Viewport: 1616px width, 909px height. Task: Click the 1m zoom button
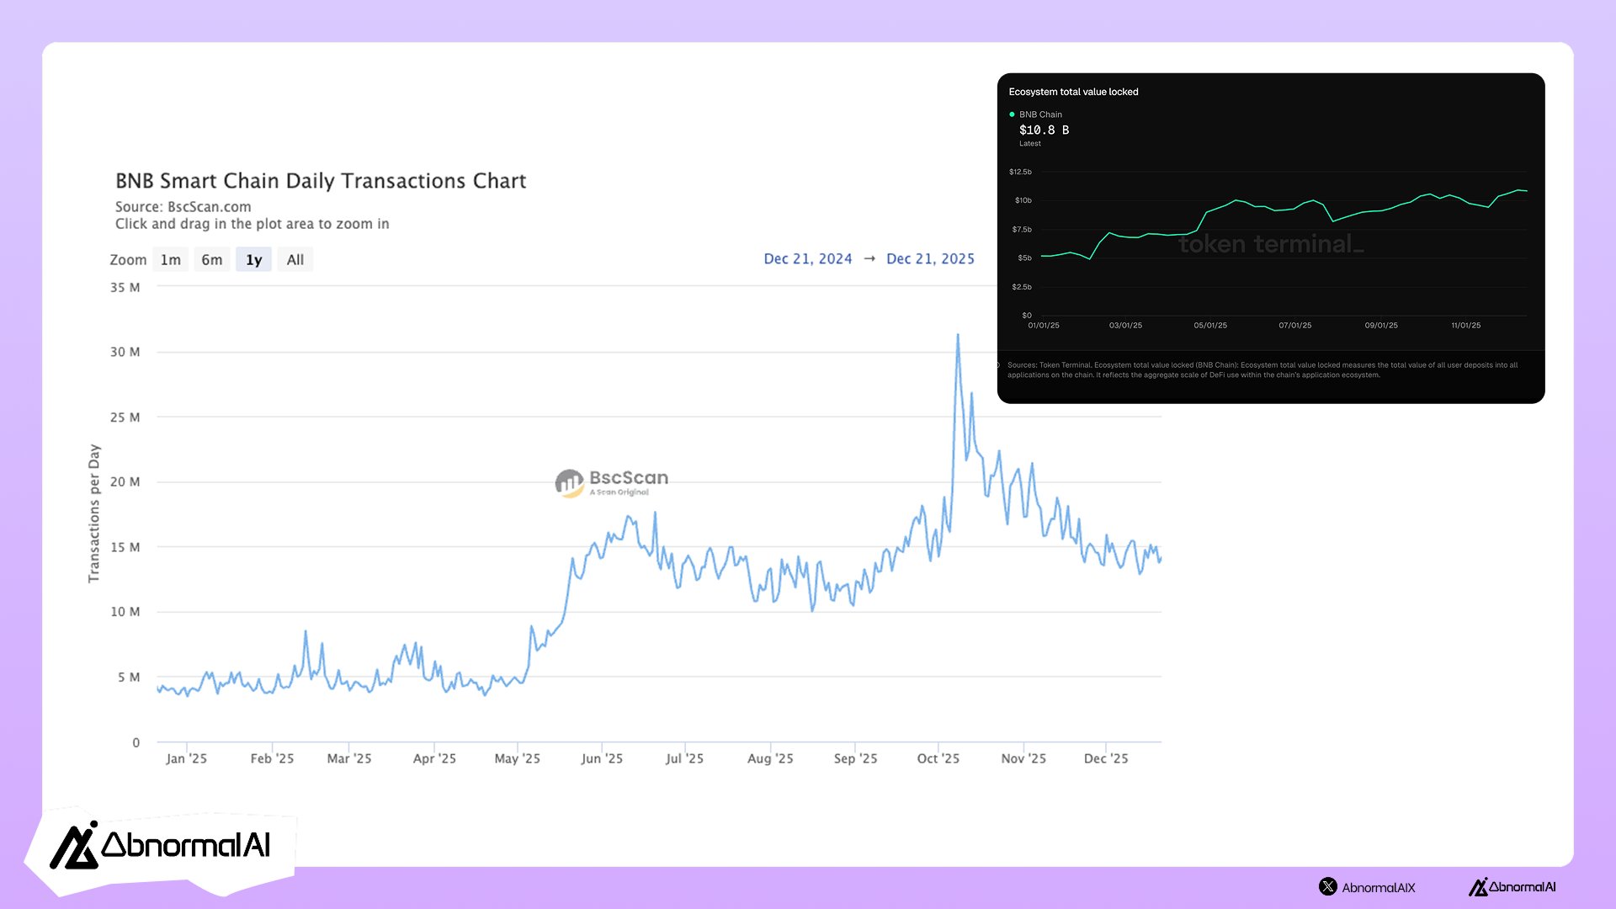click(171, 260)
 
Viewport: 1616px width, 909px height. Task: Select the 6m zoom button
click(212, 260)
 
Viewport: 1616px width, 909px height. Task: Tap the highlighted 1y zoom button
click(253, 260)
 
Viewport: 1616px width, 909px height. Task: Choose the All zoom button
click(295, 260)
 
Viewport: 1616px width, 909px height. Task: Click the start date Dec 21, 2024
click(808, 259)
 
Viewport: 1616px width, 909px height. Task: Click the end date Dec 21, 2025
click(930, 259)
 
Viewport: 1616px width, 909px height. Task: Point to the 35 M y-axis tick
click(125, 288)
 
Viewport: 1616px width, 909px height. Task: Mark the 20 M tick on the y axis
click(125, 482)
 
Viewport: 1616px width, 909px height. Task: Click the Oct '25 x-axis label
click(938, 758)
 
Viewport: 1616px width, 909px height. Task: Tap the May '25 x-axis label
click(518, 758)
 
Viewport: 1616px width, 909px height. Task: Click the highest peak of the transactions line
click(958, 336)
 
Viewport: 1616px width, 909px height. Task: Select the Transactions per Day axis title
click(94, 513)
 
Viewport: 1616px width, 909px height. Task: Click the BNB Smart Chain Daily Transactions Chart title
click(321, 181)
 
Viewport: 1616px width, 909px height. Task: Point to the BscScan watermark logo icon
click(570, 483)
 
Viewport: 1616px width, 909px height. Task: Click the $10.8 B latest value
click(1044, 130)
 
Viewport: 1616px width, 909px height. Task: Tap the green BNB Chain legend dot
click(1012, 114)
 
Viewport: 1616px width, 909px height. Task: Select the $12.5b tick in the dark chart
click(1020, 172)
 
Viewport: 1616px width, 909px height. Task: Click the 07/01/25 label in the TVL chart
click(1295, 326)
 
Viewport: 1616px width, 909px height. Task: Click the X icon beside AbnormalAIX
click(1328, 886)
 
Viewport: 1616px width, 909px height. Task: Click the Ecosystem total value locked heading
click(1073, 92)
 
